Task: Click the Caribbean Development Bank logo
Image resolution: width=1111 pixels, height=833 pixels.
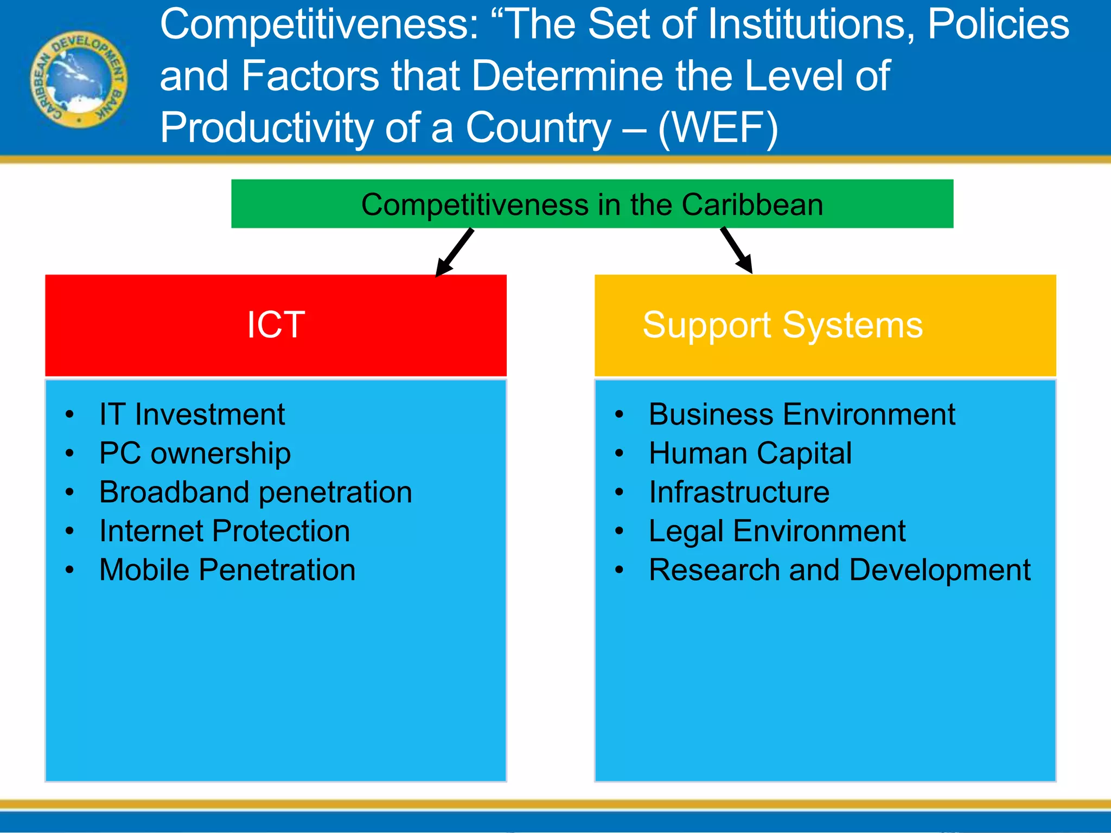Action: (79, 79)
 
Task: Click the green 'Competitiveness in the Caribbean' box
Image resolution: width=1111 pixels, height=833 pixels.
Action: (592, 204)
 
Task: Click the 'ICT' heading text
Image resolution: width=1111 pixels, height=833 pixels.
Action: (276, 324)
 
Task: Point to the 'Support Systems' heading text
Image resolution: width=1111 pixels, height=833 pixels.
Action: (782, 325)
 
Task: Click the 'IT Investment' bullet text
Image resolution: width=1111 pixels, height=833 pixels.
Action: (192, 415)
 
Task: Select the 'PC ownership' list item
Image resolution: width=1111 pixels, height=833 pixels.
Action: (195, 453)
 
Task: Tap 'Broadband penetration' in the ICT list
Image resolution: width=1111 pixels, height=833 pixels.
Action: (256, 492)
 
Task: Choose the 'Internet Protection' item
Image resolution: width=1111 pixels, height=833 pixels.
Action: (225, 531)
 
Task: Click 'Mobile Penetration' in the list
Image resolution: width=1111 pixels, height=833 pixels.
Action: (227, 570)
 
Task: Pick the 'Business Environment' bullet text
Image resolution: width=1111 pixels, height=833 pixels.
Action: (802, 415)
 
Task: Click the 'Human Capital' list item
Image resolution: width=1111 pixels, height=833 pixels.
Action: (750, 453)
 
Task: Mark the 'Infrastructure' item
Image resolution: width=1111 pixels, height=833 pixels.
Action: (739, 492)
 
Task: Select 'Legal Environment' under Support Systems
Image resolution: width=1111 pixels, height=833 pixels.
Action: (777, 531)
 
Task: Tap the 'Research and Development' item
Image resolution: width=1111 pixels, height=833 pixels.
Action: (839, 570)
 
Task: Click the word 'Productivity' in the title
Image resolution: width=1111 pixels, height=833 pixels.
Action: (266, 128)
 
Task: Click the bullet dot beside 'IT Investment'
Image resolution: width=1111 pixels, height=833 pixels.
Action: (69, 415)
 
